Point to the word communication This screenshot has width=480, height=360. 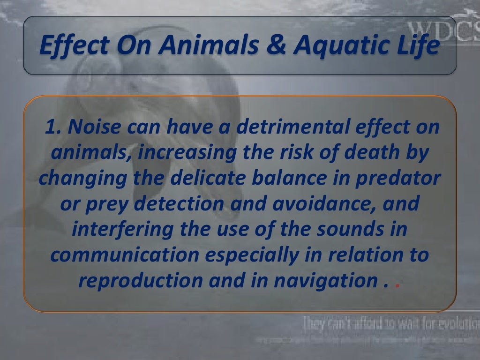tap(123, 257)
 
